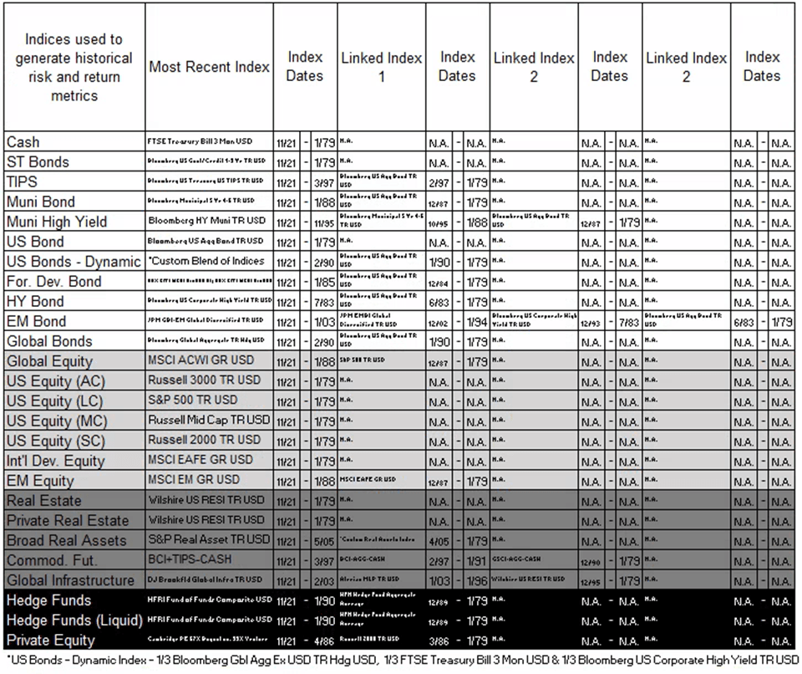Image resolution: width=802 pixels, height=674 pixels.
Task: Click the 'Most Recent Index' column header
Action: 209,67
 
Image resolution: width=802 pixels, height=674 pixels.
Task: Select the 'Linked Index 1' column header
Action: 382,67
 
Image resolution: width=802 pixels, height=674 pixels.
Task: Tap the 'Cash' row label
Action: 23,142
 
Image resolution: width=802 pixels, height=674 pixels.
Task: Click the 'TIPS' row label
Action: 22,181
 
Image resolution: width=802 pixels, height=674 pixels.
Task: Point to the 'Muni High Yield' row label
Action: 53,222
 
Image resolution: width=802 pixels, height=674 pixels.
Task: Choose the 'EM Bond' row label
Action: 36,321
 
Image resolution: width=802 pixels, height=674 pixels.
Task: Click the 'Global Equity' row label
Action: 49,361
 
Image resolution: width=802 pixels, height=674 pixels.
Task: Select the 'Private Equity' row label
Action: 50,641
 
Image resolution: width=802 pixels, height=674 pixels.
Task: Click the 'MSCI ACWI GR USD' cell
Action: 200,360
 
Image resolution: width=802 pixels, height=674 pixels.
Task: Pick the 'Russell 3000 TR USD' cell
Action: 205,380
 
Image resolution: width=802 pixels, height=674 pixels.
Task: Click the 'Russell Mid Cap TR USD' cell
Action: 209,420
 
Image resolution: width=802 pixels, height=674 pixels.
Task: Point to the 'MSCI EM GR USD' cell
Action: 194,480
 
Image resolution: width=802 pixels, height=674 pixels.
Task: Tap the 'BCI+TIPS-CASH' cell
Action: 190,559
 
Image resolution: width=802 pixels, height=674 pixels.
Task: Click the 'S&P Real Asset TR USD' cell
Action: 209,539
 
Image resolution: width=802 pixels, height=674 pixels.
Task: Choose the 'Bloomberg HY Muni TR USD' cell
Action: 206,222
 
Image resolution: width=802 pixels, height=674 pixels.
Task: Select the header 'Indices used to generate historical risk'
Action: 74,67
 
